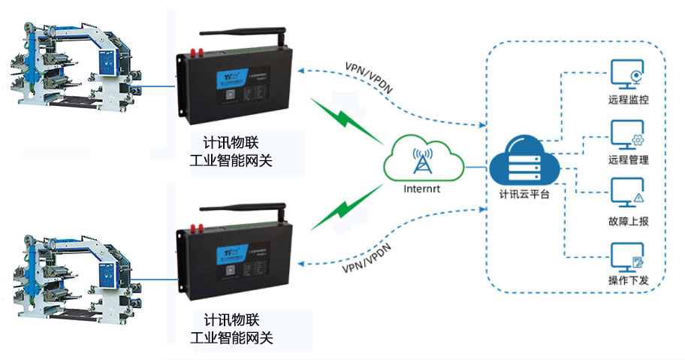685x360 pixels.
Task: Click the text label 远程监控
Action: [x=629, y=99]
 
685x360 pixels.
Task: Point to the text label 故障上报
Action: [x=629, y=221]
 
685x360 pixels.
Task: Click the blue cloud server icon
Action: [x=521, y=160]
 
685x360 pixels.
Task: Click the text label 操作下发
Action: [x=629, y=281]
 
